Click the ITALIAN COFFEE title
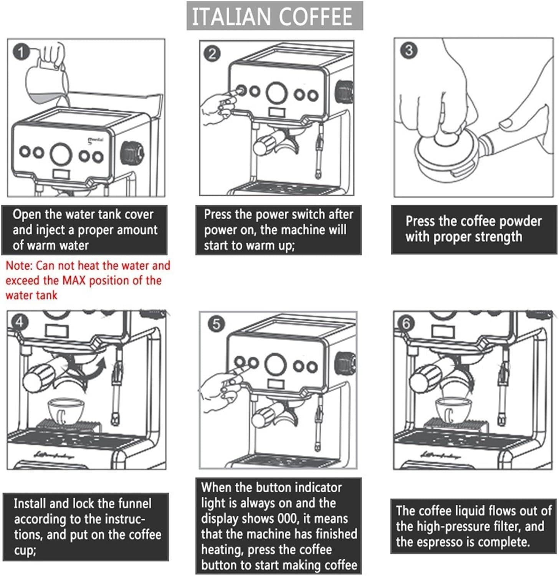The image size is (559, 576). [274, 16]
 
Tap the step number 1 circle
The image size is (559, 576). [21, 52]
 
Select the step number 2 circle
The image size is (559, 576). [212, 54]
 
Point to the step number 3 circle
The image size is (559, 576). [408, 50]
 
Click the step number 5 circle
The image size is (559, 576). [216, 324]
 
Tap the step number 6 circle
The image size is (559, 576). [406, 324]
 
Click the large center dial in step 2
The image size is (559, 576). [277, 93]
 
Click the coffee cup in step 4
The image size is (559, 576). [66, 411]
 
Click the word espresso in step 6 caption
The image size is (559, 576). [440, 542]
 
